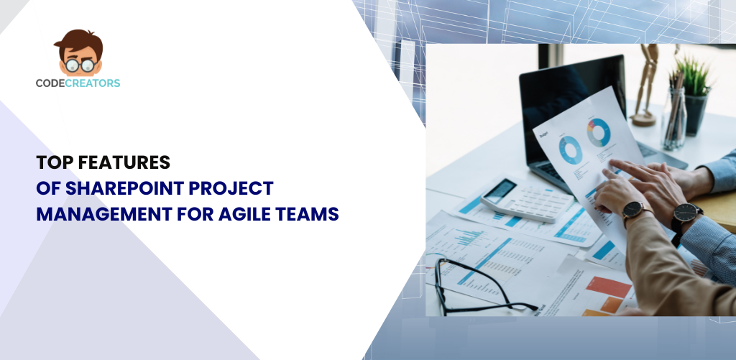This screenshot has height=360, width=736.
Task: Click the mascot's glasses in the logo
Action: [80, 65]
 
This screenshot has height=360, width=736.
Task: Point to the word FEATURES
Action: [124, 162]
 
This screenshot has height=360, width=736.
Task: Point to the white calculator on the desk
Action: [527, 200]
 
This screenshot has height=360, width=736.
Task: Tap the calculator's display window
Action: [500, 190]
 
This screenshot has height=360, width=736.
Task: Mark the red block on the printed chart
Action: [609, 287]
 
